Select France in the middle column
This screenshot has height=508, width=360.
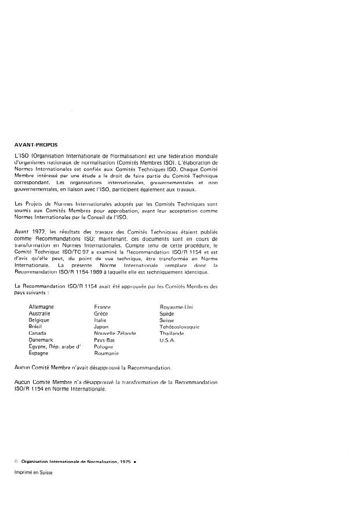coord(102,307)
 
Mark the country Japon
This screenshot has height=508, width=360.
coord(101,327)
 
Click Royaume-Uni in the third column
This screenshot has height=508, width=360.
coord(176,306)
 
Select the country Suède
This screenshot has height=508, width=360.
coord(167,313)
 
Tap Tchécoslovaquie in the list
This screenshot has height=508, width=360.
coord(179,327)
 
